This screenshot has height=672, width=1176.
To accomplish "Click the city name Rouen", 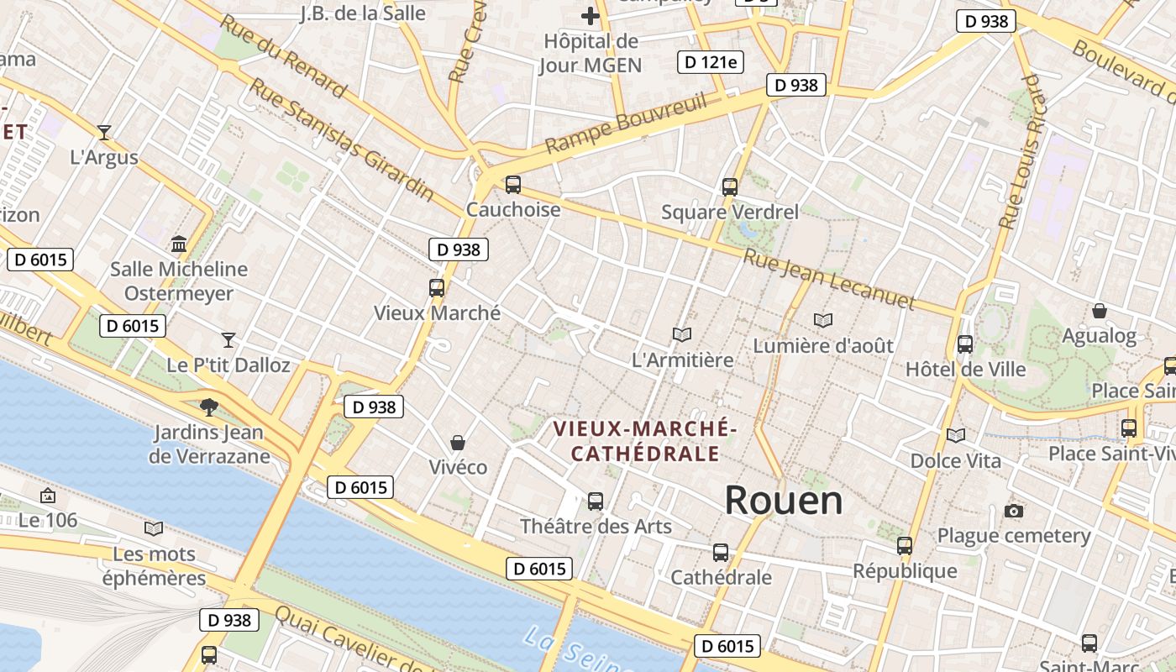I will point(783,501).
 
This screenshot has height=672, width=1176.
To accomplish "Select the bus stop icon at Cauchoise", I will point(512,185).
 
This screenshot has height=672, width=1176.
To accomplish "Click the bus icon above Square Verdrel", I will point(729,187).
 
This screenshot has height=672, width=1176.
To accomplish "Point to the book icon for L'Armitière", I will point(682,335).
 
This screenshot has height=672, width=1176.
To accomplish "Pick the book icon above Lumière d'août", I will point(823,320).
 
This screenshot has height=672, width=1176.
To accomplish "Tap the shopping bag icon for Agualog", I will point(1099,312).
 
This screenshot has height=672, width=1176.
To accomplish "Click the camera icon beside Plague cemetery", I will point(1014,512).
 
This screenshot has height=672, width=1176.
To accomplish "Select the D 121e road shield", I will point(711,61).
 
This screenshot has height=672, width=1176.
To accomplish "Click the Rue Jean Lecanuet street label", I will point(829,278).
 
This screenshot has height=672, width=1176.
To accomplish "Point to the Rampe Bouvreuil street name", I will point(626,124).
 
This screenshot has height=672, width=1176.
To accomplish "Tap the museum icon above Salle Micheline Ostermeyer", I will point(179,244).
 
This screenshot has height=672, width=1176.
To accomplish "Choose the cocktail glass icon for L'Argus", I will point(104,132).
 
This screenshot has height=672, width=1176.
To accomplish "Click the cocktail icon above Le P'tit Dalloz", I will point(228,340).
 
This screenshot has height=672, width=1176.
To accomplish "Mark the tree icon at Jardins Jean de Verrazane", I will point(209,407).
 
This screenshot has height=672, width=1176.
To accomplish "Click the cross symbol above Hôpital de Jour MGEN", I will point(591,16).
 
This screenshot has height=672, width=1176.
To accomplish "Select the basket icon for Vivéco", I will point(458,443).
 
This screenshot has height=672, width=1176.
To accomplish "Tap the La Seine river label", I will point(580,650).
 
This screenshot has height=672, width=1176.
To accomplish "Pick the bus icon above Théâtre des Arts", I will point(596,501).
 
